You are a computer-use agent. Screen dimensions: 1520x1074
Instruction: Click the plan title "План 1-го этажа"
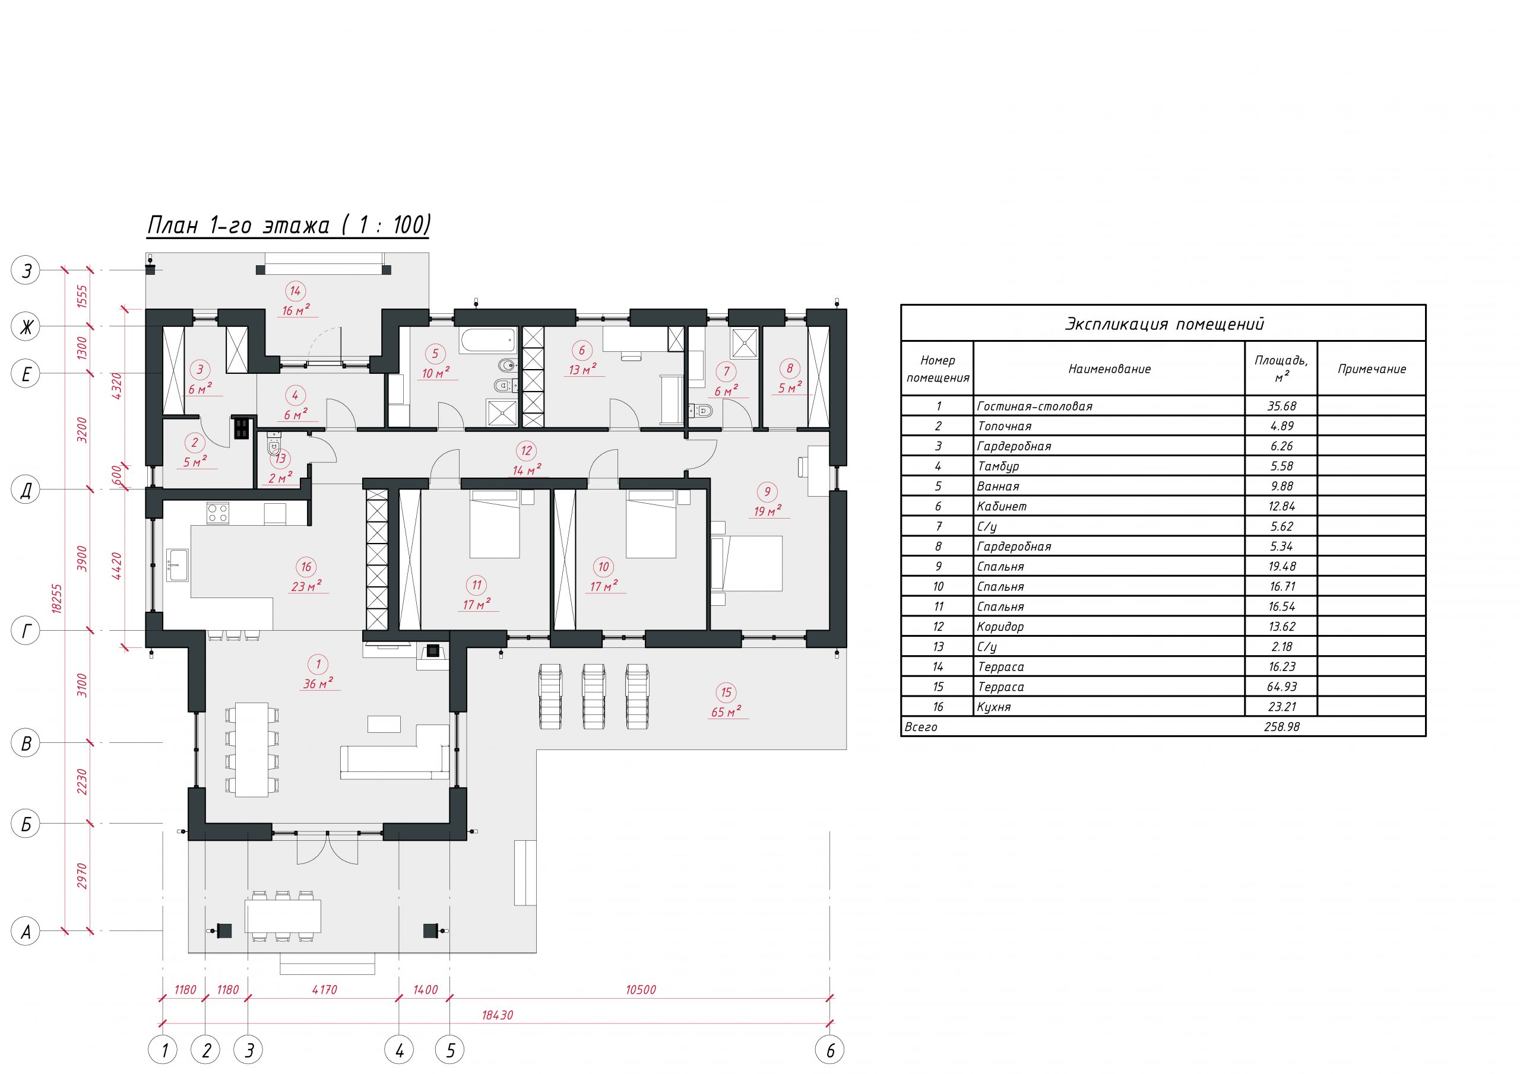[x=237, y=225]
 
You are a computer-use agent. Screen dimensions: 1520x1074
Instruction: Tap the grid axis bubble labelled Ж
[x=26, y=327]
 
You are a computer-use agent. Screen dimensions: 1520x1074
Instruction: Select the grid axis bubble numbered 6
[x=830, y=1050]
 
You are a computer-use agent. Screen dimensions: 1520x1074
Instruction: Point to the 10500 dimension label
[x=640, y=990]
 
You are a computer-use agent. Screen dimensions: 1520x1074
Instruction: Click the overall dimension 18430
[x=497, y=1015]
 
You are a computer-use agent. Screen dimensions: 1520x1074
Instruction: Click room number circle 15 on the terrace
[x=726, y=692]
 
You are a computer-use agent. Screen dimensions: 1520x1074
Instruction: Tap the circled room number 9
[x=767, y=492]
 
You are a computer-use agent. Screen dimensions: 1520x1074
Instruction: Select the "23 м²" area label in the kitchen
[x=306, y=586]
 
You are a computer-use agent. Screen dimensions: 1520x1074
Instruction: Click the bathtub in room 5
[x=487, y=341]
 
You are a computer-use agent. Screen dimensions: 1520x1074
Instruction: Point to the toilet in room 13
[x=274, y=443]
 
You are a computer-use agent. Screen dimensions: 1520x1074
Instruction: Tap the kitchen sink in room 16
[x=178, y=564]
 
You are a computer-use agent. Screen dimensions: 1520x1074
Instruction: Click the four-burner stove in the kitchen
[x=218, y=513]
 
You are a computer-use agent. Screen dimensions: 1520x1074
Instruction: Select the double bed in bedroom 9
[x=747, y=563]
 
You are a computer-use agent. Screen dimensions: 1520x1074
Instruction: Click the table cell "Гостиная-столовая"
[x=1034, y=406]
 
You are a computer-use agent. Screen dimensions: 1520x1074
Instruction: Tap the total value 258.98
[x=1282, y=727]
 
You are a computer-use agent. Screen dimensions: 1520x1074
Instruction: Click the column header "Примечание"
[x=1371, y=369]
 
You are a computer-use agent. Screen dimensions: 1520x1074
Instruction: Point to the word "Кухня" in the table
[x=994, y=707]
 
